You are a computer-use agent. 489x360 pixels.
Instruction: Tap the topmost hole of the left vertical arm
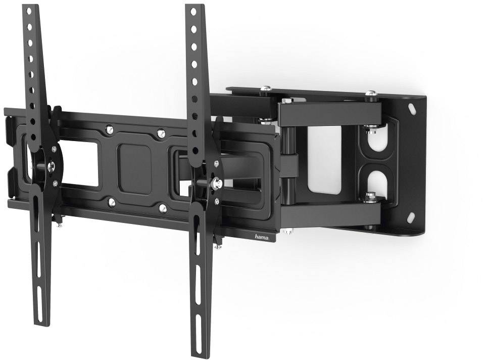(x=29, y=11)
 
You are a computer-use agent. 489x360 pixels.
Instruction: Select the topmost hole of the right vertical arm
(x=193, y=12)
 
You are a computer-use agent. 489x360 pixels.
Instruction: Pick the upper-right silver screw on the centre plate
(x=160, y=133)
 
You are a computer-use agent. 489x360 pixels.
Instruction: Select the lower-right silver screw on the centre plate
(x=162, y=208)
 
